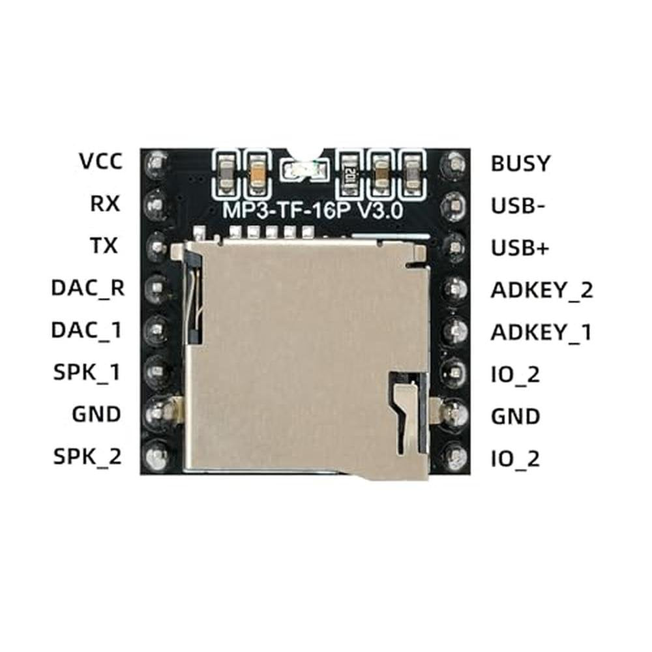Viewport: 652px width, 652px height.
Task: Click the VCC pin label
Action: click(x=101, y=161)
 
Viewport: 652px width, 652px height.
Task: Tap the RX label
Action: click(x=105, y=203)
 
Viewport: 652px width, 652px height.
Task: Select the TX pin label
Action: click(x=104, y=245)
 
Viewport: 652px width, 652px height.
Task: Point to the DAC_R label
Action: click(x=88, y=288)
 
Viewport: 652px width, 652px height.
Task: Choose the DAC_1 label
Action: click(x=87, y=330)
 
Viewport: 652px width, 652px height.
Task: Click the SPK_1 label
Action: click(x=87, y=372)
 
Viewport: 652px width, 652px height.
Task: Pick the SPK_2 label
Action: click(x=87, y=456)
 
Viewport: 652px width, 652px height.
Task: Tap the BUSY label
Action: click(x=520, y=164)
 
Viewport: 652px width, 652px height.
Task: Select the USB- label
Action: click(x=518, y=206)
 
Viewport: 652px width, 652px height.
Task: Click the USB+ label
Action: click(x=520, y=248)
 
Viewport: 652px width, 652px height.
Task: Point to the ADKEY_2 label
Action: click(x=542, y=290)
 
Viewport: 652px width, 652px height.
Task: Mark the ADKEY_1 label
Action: click(x=541, y=333)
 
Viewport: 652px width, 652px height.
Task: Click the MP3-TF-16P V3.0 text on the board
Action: click(x=313, y=211)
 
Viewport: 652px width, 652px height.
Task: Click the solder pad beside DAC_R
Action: click(x=156, y=288)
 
